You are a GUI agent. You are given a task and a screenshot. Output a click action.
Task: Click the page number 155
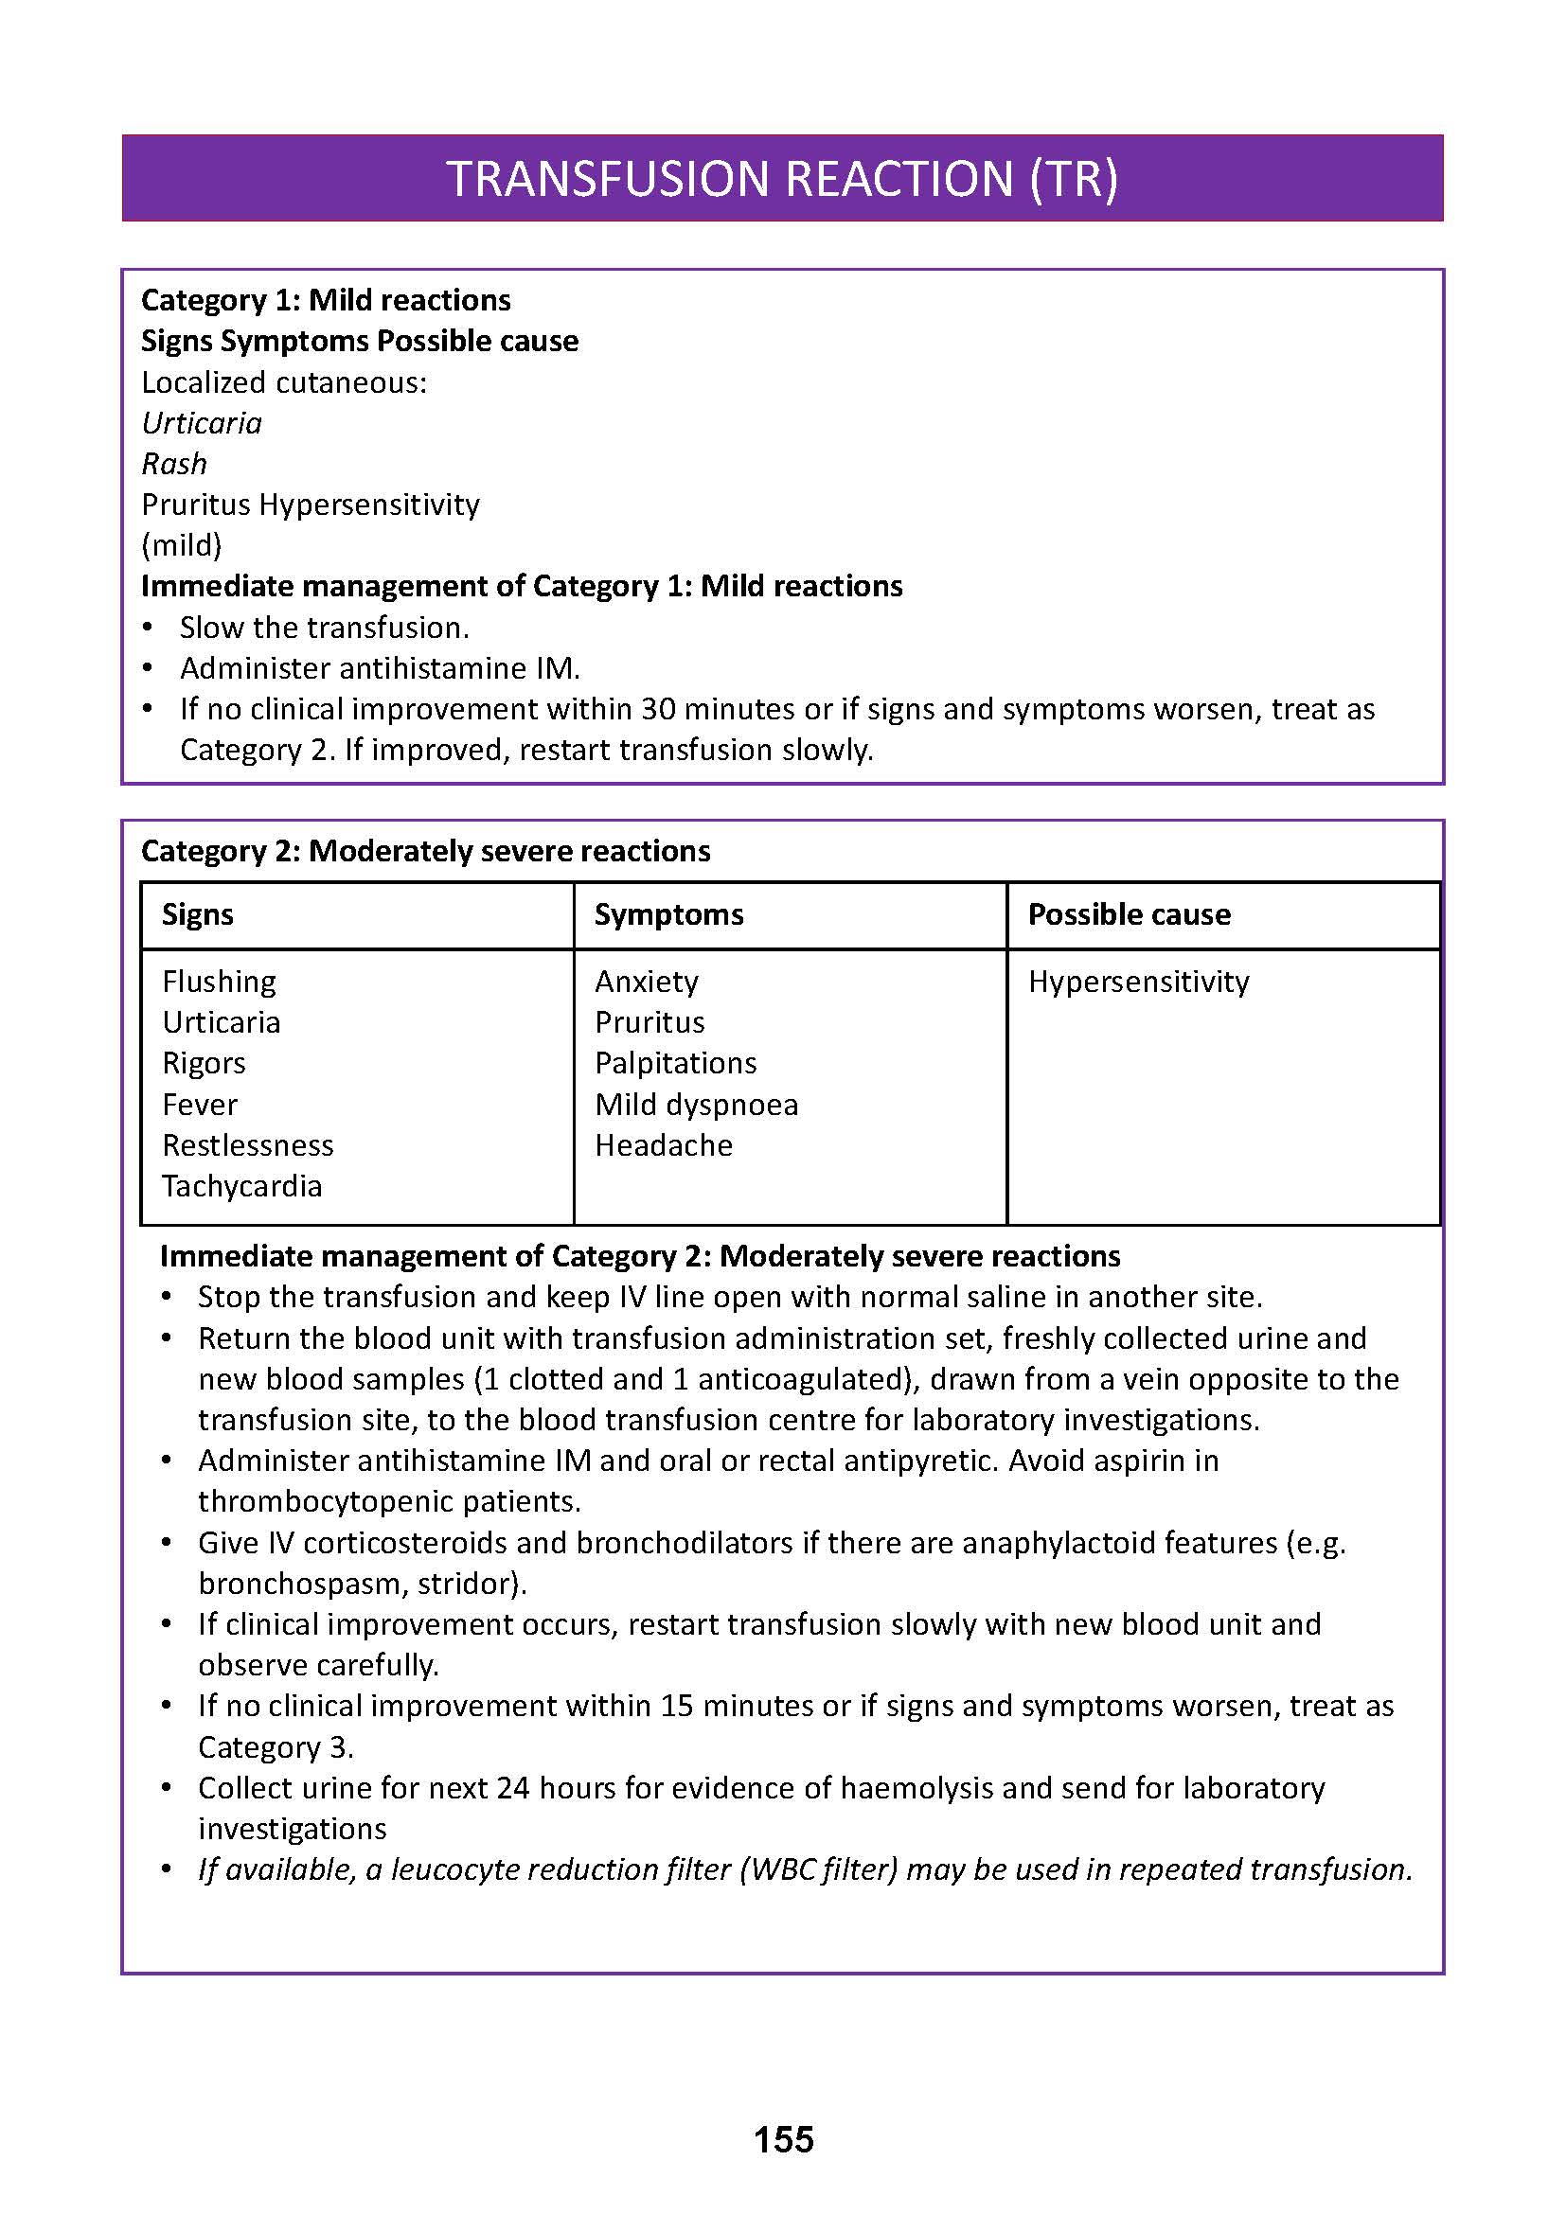(783, 2140)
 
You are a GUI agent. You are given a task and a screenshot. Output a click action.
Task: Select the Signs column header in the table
(198, 914)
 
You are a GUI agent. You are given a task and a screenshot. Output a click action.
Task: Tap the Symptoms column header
(668, 914)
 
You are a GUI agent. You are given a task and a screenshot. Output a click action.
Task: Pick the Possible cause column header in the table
(1129, 914)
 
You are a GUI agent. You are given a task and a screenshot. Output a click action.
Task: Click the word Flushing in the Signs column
(219, 982)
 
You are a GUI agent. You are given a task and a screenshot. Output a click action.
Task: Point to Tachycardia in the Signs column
(242, 1186)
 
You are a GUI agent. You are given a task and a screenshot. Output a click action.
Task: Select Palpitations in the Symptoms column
(675, 1063)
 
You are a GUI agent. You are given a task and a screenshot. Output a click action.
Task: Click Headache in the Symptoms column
(664, 1145)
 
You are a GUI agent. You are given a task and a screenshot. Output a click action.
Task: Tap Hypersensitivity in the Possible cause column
(1138, 982)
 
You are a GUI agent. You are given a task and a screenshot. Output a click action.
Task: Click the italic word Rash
(173, 464)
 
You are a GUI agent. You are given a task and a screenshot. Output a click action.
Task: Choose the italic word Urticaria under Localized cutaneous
(202, 423)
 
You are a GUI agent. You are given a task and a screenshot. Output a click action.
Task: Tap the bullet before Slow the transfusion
(148, 628)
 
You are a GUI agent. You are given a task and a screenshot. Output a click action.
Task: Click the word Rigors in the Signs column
(204, 1063)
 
